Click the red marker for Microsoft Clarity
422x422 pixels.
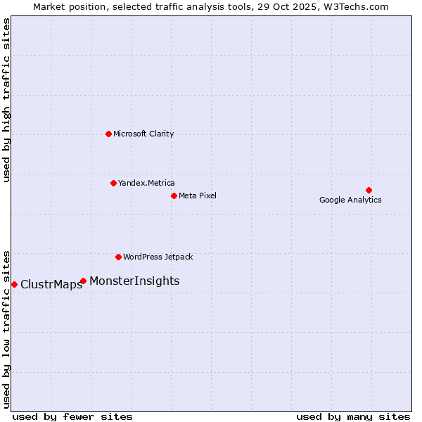[108, 134]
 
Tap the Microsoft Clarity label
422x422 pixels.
[143, 134]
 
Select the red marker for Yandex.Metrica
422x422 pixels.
[113, 183]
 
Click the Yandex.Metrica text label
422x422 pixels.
[146, 183]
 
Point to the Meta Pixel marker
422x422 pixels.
[174, 196]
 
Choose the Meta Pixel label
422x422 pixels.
[198, 196]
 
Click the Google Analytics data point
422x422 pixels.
[369, 190]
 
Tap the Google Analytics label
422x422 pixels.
[350, 200]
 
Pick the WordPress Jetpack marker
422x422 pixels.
[118, 257]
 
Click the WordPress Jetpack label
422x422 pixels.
[158, 257]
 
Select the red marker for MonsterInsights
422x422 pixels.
[83, 281]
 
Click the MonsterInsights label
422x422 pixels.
[134, 281]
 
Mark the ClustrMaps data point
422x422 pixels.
[14, 284]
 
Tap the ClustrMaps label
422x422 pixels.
[51, 285]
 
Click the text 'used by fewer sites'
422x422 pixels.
[72, 416]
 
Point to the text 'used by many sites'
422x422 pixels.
[353, 416]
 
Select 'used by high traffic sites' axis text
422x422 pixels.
[7, 100]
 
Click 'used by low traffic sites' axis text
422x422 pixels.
[7, 328]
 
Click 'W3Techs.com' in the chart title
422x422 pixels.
[362, 6]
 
